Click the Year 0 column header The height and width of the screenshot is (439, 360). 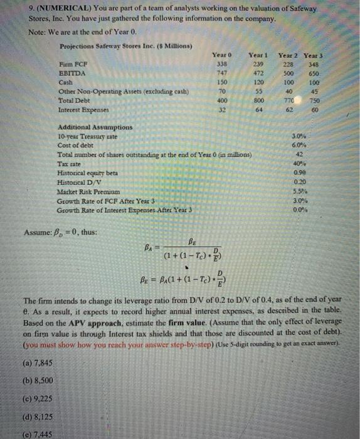click(221, 55)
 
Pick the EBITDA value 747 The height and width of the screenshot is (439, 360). click(221, 73)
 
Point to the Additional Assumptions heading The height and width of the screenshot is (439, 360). click(90, 126)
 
